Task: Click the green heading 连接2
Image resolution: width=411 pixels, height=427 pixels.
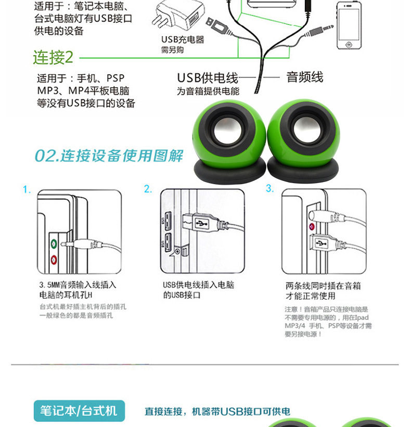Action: (53, 57)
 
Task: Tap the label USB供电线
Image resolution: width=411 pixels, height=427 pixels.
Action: (208, 78)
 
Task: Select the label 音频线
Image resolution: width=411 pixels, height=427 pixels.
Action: (305, 77)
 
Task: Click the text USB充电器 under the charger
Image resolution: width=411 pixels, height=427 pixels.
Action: (182, 40)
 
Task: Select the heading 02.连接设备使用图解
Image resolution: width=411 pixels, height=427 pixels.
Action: (109, 156)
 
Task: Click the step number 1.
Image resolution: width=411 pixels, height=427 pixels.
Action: (27, 190)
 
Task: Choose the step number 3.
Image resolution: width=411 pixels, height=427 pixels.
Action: (269, 189)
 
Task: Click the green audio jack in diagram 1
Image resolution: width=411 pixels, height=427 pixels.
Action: (53, 242)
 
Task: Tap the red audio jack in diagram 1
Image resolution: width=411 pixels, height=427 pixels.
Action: (53, 258)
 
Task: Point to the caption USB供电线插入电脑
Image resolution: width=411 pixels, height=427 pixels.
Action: (198, 285)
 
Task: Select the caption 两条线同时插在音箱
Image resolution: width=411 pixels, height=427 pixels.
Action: (323, 286)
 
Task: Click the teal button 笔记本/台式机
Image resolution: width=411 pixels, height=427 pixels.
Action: (79, 411)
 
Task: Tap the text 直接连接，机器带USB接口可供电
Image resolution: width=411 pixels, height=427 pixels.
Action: (217, 412)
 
